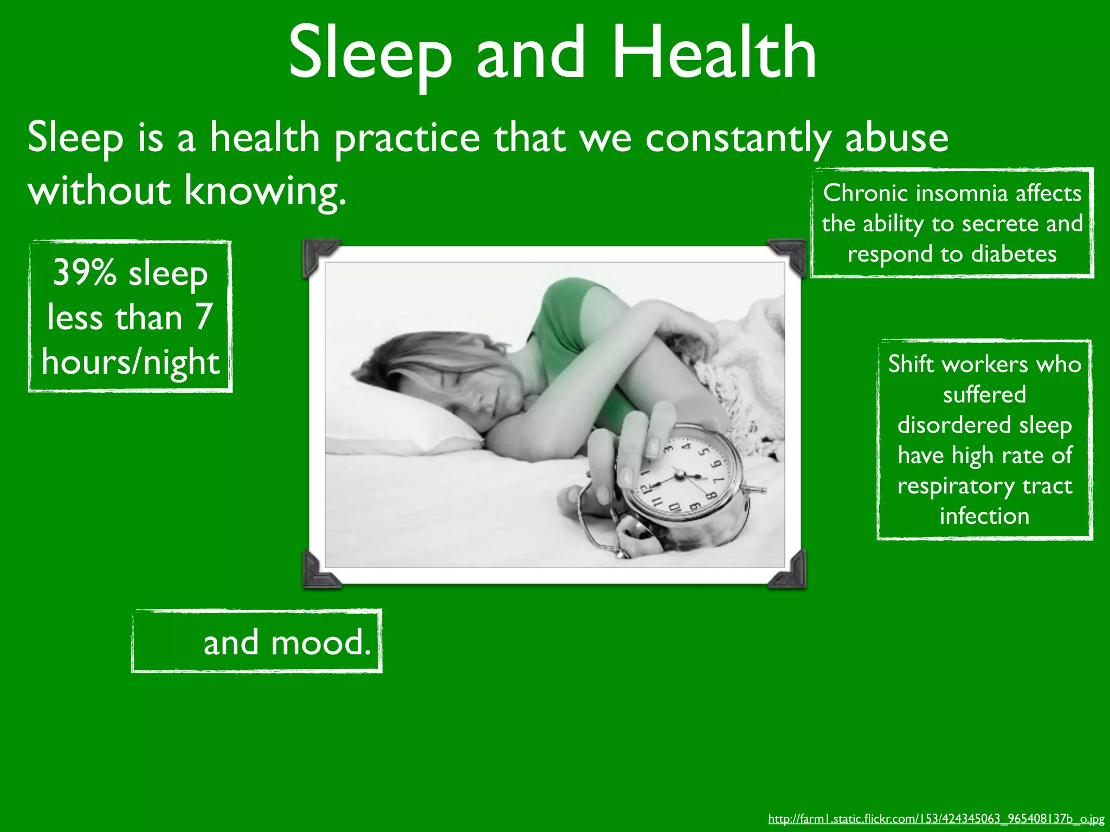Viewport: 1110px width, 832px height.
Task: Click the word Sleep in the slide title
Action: click(x=370, y=53)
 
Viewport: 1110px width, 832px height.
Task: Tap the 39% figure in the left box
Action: click(x=85, y=272)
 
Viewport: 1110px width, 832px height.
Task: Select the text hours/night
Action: click(x=131, y=362)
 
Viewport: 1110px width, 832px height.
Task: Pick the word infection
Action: click(x=984, y=516)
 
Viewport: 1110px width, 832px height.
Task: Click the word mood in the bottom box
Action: click(x=320, y=642)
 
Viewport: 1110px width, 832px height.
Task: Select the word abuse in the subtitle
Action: click(x=896, y=138)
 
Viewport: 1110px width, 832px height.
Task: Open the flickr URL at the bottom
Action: click(x=936, y=818)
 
